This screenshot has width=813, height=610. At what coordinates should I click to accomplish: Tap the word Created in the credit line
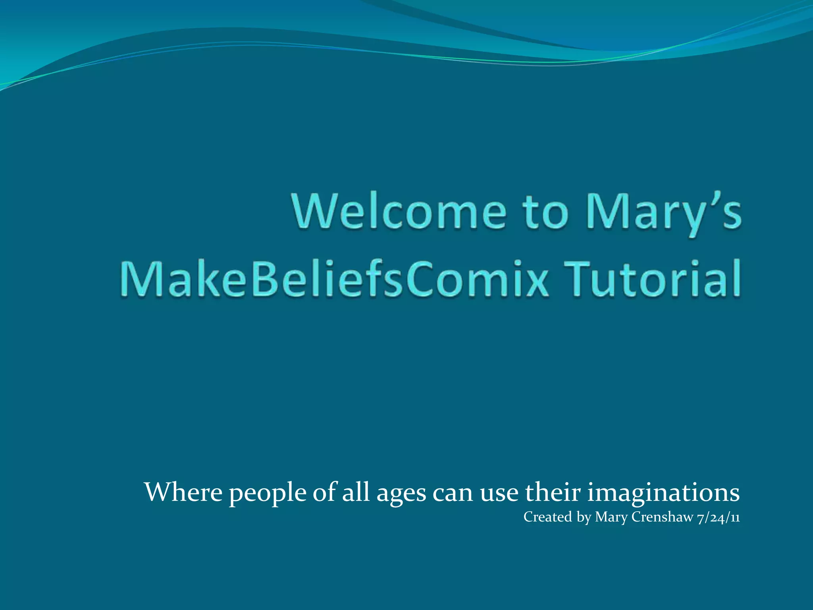pyautogui.click(x=547, y=517)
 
